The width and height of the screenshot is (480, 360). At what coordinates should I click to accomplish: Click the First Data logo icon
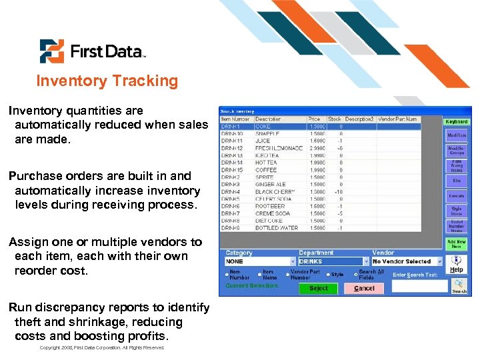tap(52, 51)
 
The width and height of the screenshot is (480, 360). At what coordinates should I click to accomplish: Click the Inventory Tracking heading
tap(107, 81)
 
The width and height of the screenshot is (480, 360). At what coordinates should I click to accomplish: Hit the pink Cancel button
tap(364, 288)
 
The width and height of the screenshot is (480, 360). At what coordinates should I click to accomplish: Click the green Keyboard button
tap(457, 122)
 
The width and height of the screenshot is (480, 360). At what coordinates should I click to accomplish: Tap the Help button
tap(456, 265)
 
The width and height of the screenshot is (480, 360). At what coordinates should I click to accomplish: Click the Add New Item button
tap(457, 244)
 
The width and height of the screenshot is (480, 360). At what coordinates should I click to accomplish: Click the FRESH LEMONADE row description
tap(279, 148)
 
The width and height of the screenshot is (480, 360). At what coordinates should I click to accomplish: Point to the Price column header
tap(314, 119)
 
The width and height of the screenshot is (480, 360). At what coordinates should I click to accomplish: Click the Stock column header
tap(334, 119)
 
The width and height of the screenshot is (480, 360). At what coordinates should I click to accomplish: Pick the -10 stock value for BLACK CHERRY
tap(339, 192)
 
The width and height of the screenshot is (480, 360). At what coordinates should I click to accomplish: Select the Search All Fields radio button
tap(355, 273)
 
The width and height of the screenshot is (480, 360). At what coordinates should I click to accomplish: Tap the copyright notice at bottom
tap(102, 348)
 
